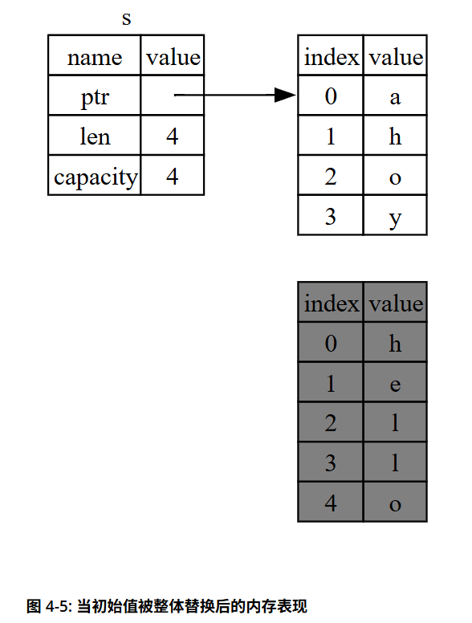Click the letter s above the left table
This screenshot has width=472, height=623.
tap(126, 18)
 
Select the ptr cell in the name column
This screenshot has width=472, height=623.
tap(95, 96)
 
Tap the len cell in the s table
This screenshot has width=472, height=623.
tap(95, 136)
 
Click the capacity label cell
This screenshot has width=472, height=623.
tap(95, 175)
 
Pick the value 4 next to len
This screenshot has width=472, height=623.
tap(173, 136)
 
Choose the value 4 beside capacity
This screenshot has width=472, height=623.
tap(173, 175)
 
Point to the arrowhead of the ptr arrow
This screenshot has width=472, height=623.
tap(285, 95)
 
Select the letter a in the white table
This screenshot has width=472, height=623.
tap(395, 97)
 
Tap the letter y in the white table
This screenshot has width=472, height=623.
tap(395, 218)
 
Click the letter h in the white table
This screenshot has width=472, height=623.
tap(395, 136)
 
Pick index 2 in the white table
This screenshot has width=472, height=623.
tap(331, 177)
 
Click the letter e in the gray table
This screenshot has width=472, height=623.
tap(395, 385)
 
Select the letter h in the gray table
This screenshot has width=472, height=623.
tap(395, 344)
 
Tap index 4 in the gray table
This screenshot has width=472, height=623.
tap(331, 503)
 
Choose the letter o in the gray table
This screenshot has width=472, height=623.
tap(395, 505)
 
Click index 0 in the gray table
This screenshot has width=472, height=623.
tap(331, 344)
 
